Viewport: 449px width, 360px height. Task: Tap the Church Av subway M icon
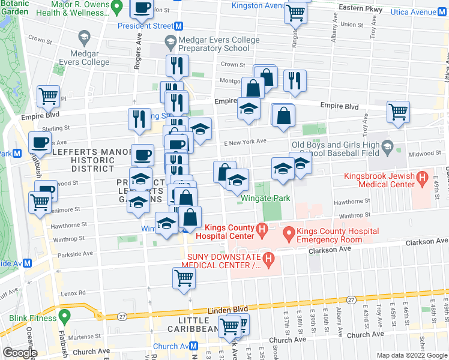[x=194, y=346]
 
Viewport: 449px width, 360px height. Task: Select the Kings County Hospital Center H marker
[x=261, y=229]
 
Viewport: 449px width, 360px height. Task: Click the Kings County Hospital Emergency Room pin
[x=288, y=233]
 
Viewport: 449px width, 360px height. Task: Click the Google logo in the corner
[x=19, y=353]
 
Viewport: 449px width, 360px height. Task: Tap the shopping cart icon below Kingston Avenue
[x=296, y=12]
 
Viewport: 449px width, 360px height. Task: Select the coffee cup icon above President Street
[x=142, y=8]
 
